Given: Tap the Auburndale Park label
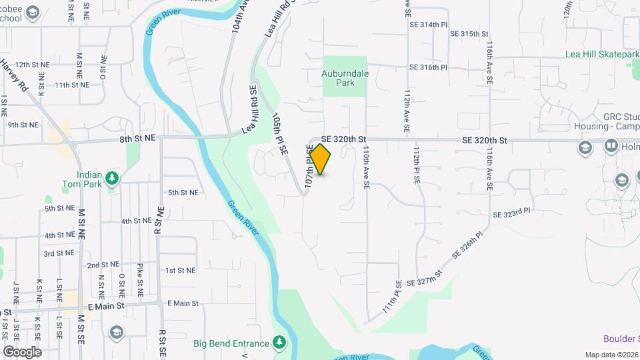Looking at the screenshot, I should [x=346, y=78].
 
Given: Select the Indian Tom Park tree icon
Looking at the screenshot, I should [x=113, y=177].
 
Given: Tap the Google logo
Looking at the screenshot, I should [x=22, y=351].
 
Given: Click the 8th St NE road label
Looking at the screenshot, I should [x=137, y=138].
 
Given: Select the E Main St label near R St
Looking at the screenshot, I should [x=183, y=303].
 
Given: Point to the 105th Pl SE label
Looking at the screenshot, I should [x=279, y=134].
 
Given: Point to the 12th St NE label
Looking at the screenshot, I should [x=33, y=65].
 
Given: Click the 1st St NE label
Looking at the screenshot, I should [x=180, y=270].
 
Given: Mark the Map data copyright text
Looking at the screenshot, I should [x=611, y=355].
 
